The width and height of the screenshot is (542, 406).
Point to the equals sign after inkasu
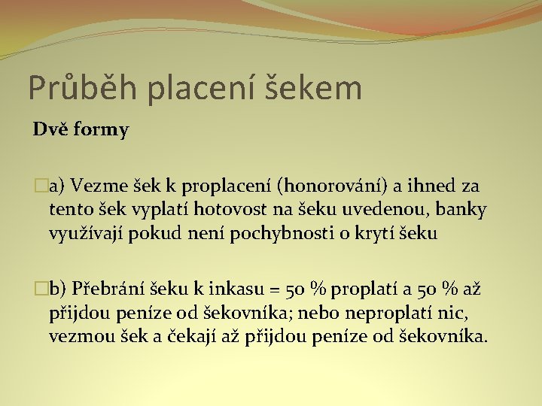pyautogui.click(x=275, y=289)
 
